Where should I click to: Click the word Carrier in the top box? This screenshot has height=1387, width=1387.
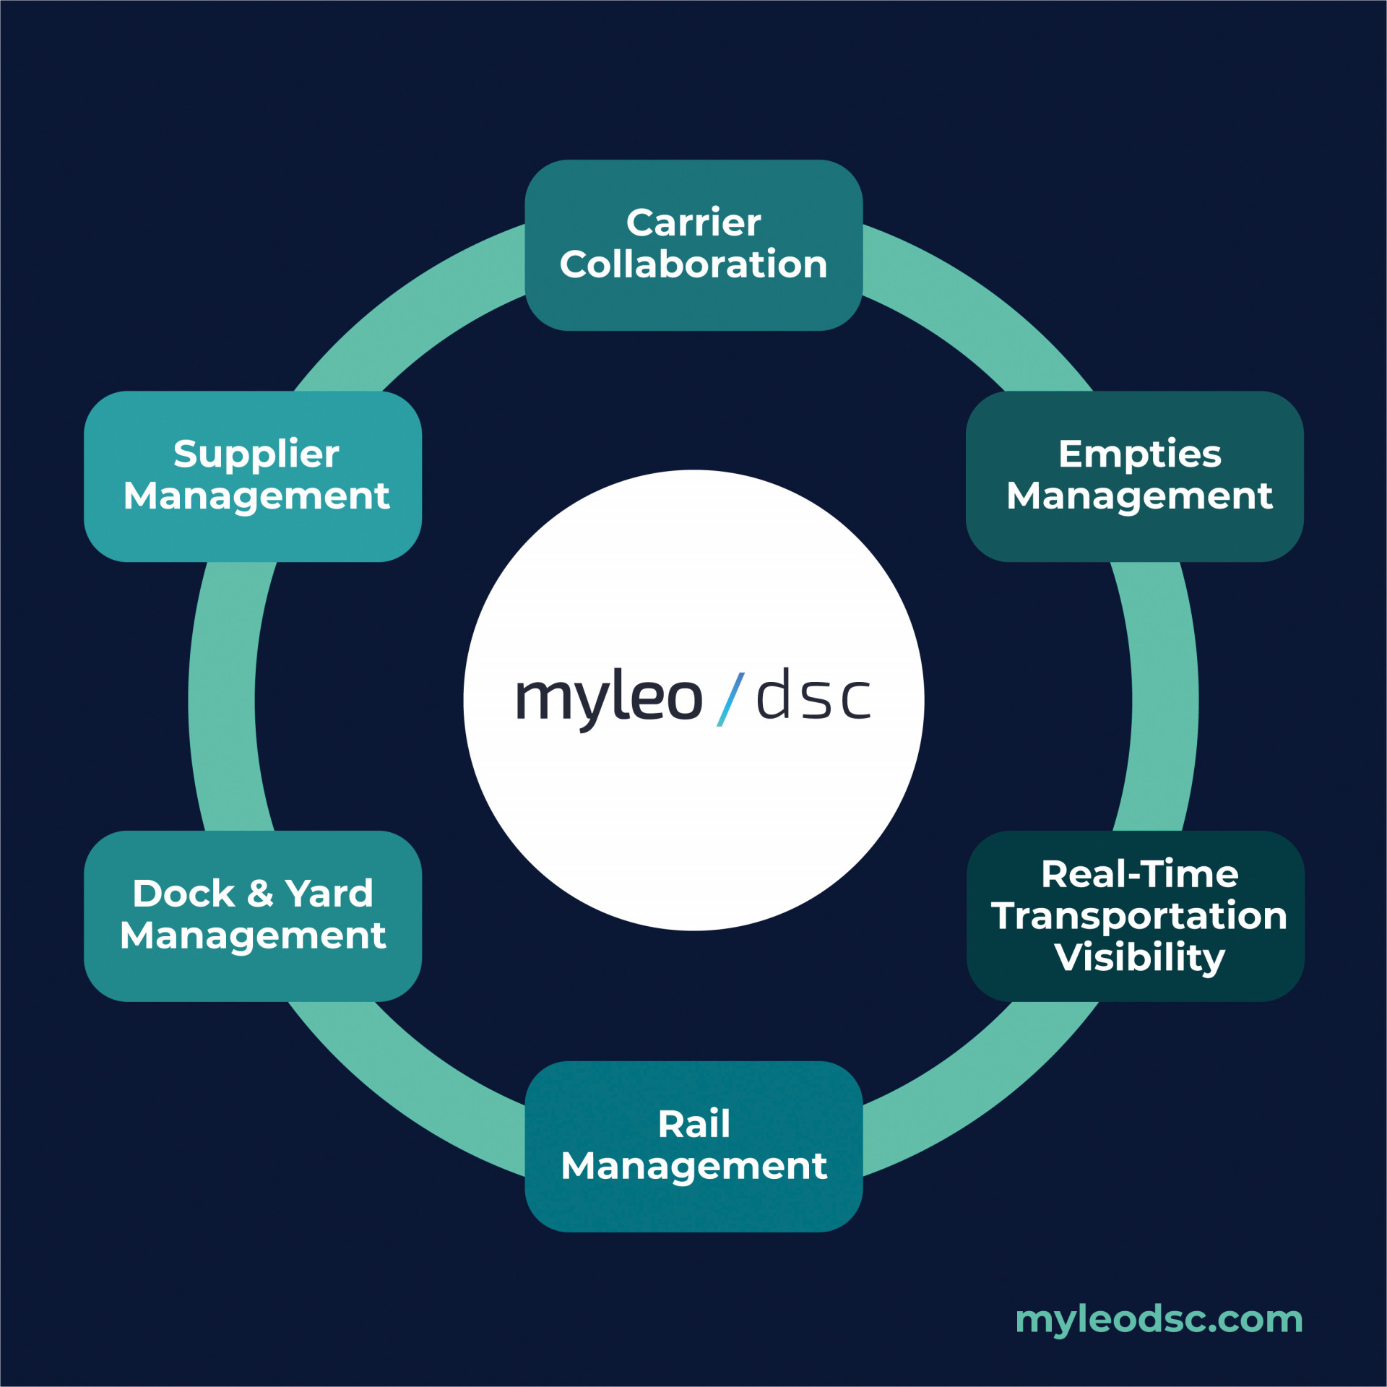[x=693, y=222]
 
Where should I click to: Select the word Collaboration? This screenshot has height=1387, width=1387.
[x=693, y=264]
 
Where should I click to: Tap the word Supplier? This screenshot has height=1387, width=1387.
[x=256, y=455]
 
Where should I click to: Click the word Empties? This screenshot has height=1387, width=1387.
[x=1139, y=454]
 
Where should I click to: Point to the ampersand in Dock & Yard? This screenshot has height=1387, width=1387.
[x=260, y=894]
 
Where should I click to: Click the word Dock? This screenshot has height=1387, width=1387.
[x=183, y=894]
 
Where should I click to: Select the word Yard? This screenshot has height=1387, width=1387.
[x=329, y=894]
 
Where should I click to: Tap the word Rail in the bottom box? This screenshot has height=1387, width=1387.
[x=693, y=1124]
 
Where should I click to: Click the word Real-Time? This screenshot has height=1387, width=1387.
[x=1139, y=874]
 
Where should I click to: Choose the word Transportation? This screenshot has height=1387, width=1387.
[x=1139, y=916]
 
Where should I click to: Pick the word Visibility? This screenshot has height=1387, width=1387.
[x=1139, y=957]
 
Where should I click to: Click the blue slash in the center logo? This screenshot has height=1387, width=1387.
[x=730, y=699]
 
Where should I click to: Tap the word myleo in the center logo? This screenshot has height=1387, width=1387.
[x=608, y=699]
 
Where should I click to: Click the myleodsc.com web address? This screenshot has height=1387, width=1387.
[x=1159, y=1319]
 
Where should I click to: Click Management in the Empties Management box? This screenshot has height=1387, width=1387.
[x=1139, y=496]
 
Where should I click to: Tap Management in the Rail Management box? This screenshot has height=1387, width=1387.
[x=693, y=1167]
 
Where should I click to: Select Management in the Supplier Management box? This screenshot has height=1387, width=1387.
[x=256, y=496]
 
